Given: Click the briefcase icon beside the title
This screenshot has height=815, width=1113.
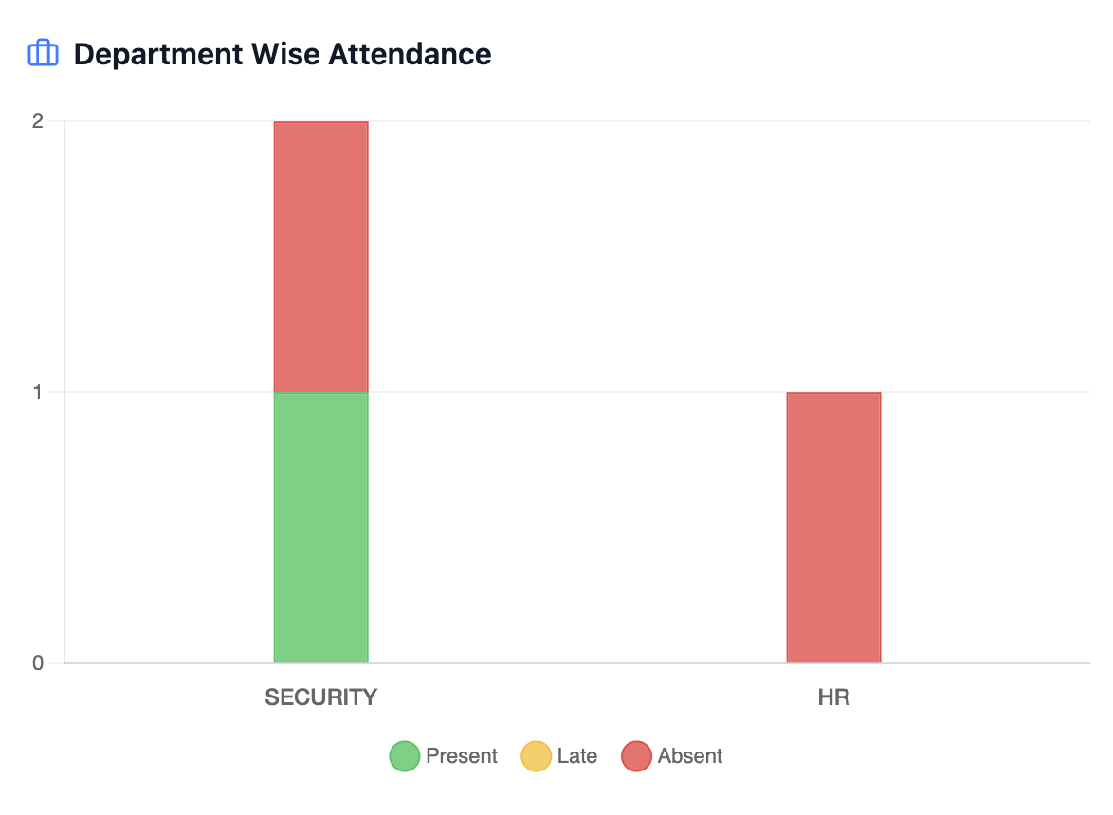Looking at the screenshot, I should point(44,54).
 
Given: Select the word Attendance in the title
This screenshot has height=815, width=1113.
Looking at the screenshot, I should point(410,54).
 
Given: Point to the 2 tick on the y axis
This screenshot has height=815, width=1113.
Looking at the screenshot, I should point(38,121).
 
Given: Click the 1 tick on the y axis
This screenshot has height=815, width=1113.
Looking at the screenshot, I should point(38,392).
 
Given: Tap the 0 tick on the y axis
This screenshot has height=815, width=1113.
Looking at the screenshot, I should point(38,663).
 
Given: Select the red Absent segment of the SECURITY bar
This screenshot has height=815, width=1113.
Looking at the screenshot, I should point(320,257).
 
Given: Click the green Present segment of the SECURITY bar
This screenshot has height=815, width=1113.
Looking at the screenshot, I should point(320,528).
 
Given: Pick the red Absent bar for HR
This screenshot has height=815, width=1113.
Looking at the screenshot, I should point(833,528).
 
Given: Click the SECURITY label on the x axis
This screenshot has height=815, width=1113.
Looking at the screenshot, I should point(320,698).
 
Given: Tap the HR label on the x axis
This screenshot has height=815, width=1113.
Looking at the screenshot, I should point(833,698).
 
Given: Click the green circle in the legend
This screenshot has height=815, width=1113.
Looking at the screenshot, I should point(405,756).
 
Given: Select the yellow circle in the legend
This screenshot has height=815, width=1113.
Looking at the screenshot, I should point(536,756).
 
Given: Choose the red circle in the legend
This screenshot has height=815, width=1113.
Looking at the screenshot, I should point(636,756).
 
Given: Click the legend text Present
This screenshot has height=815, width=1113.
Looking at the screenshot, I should point(462,756).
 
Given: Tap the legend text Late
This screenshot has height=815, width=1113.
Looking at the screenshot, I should point(577,756).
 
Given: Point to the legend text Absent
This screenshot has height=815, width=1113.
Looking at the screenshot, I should point(690,756).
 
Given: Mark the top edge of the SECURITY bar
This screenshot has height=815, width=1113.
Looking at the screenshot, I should point(320,122).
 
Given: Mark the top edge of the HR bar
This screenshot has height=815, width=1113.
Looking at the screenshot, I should point(833,393).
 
